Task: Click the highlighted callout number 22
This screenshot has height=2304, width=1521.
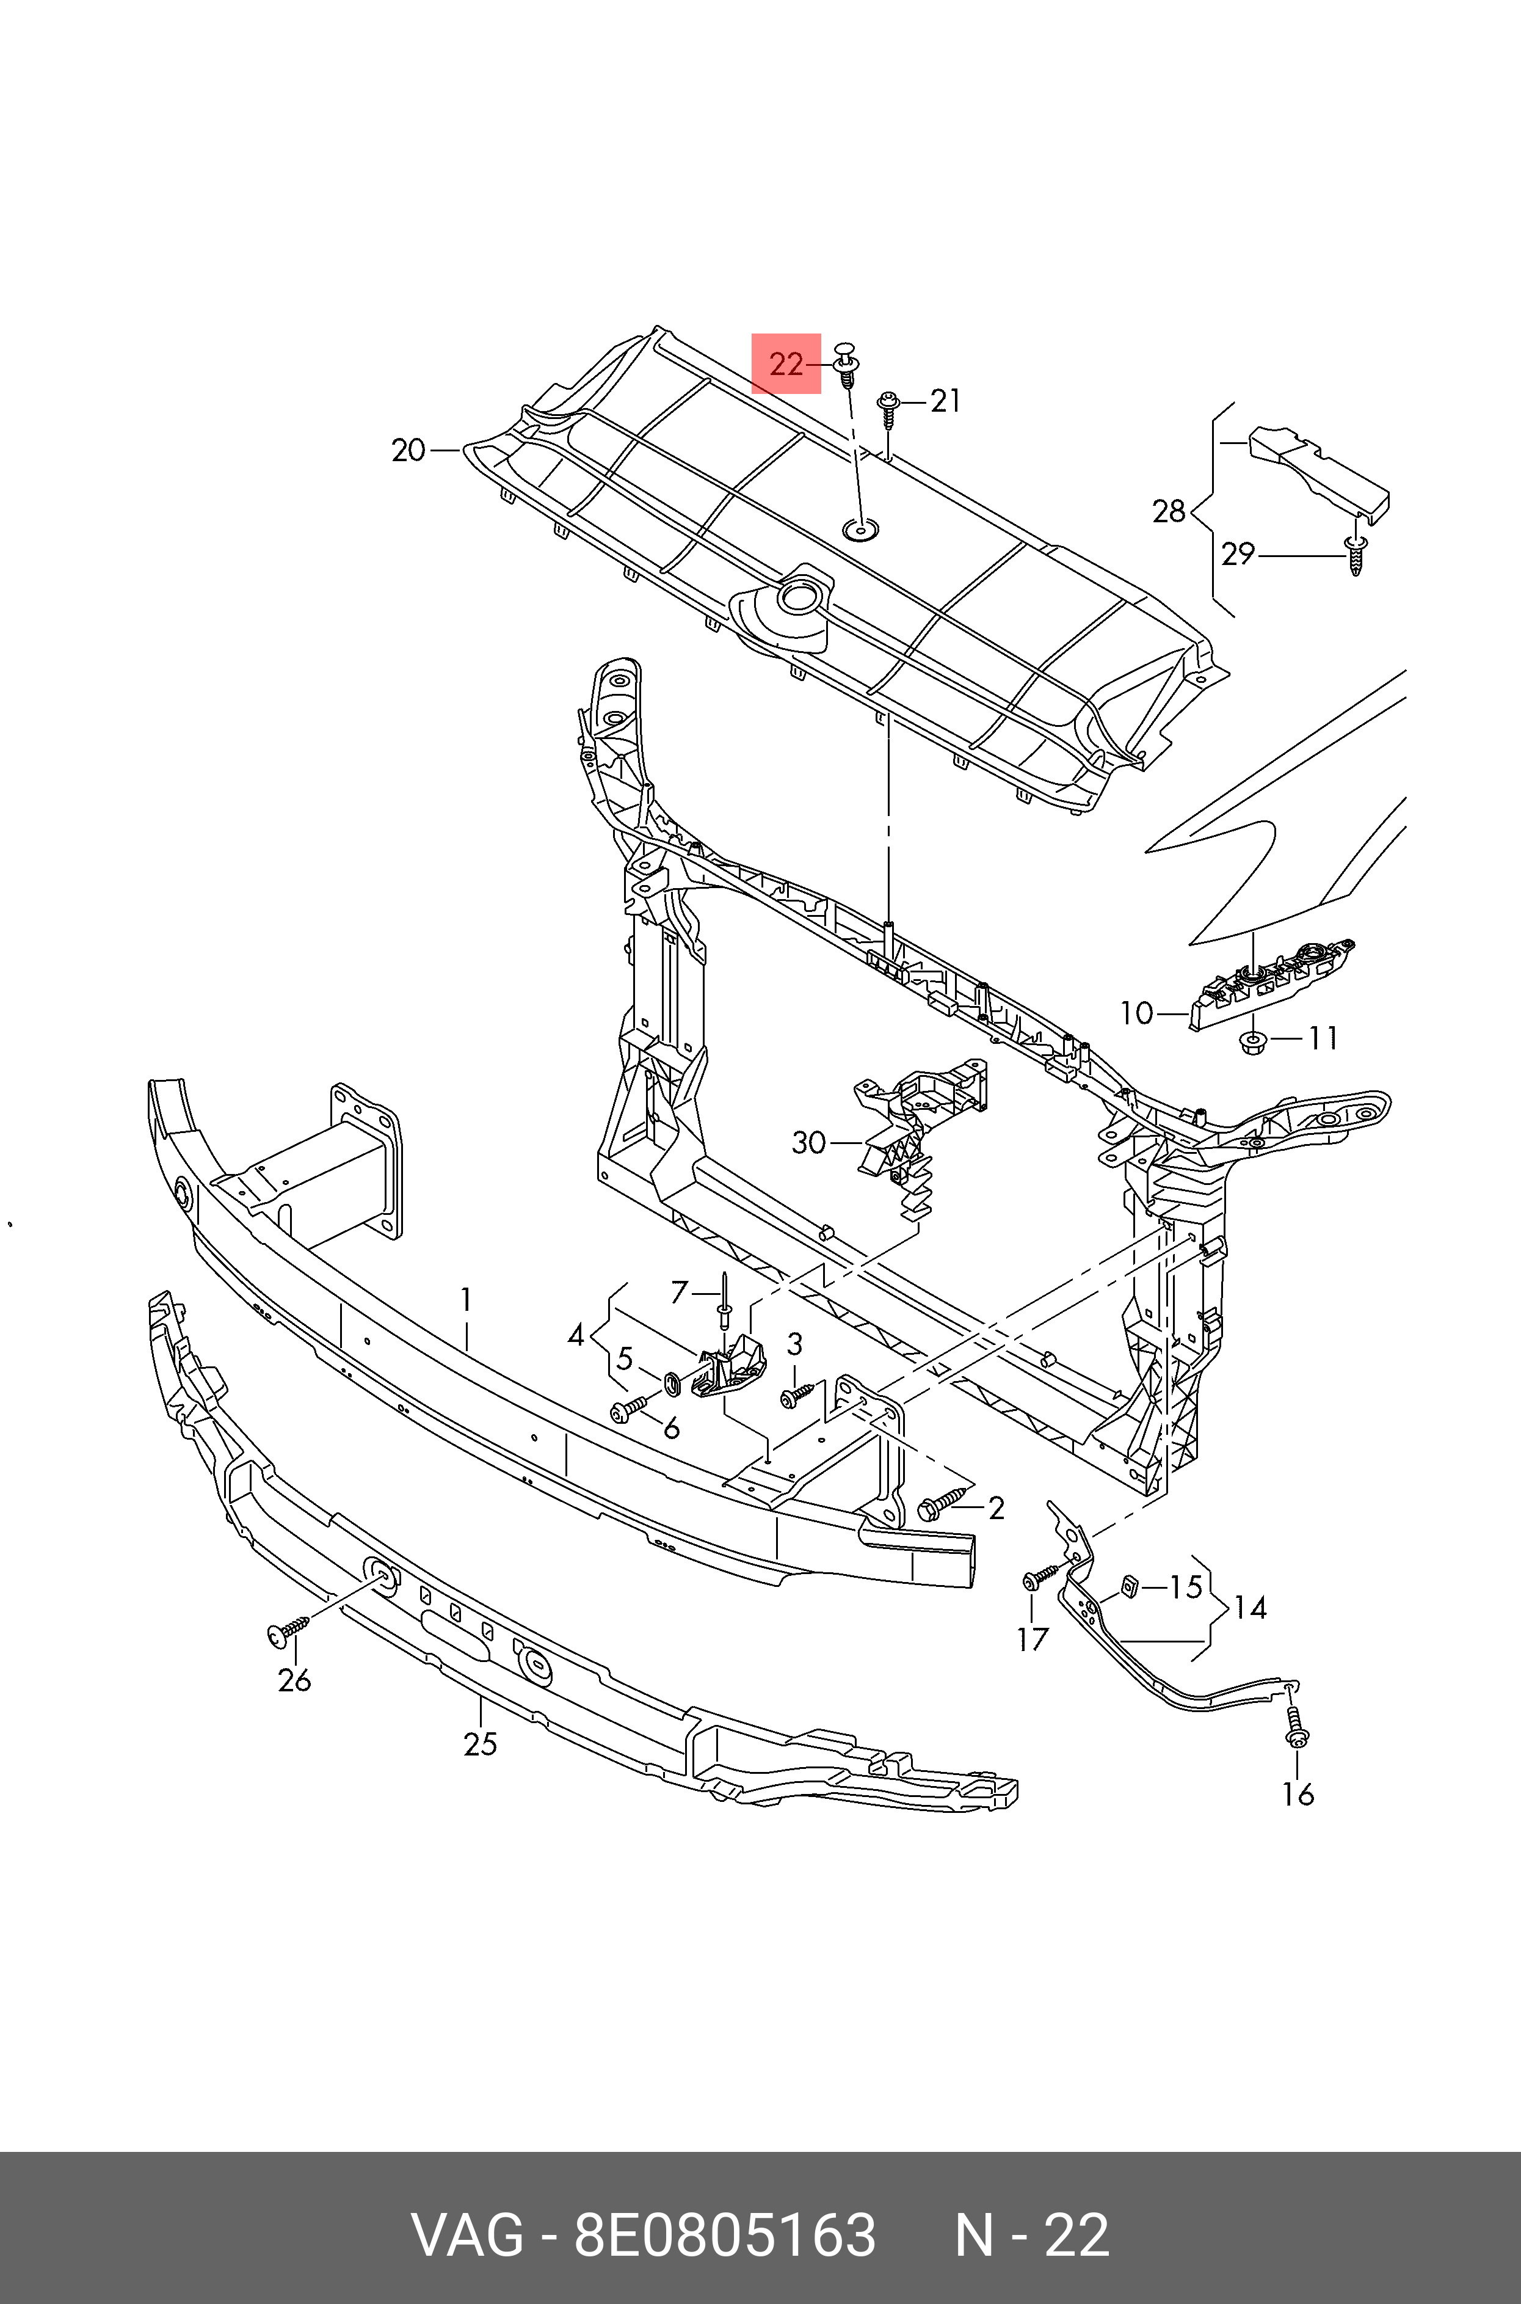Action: pos(786,365)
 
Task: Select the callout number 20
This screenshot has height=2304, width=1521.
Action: pos(408,450)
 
